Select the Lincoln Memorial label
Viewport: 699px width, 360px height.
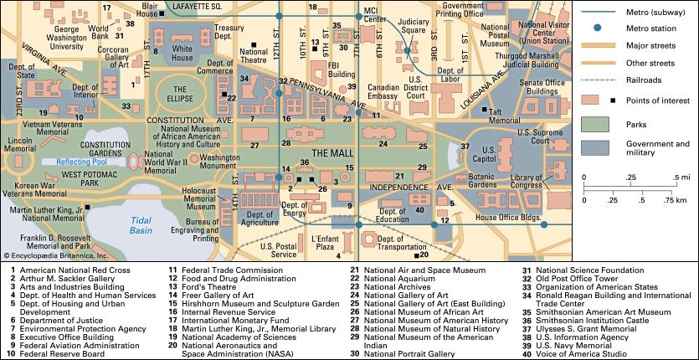(19, 144)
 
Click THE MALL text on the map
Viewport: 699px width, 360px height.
(335, 153)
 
